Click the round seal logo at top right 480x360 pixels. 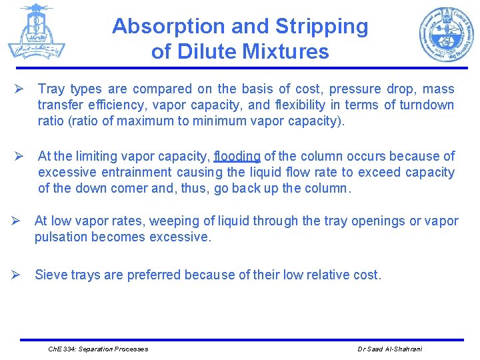point(446,34)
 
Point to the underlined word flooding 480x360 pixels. point(237,157)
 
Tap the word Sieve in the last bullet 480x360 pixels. point(50,275)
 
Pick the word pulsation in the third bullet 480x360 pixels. point(61,237)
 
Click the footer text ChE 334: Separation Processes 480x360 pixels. point(99,349)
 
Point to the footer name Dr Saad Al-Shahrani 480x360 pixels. point(390,349)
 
